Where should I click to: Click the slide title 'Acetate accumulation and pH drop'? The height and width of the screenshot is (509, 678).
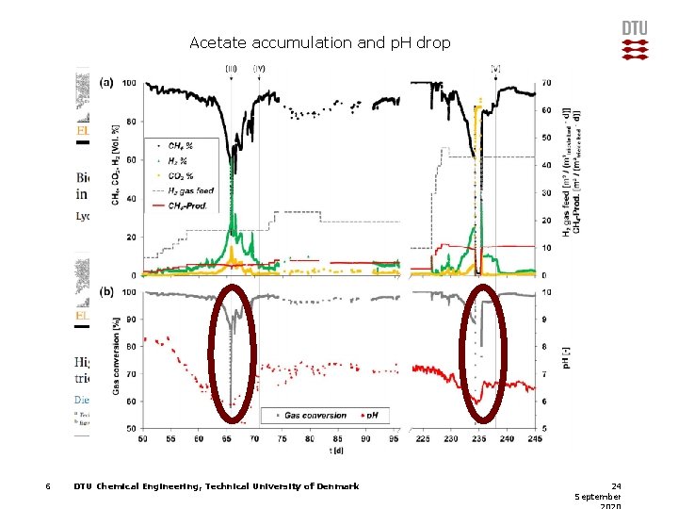[x=319, y=42]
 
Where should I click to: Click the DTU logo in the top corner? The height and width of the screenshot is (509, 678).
[x=635, y=41]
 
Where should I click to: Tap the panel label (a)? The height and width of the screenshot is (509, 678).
[x=106, y=82]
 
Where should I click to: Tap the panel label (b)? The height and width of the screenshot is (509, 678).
[x=106, y=291]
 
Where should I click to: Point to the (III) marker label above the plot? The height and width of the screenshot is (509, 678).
[x=231, y=68]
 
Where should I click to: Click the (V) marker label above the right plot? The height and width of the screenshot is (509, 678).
[x=495, y=68]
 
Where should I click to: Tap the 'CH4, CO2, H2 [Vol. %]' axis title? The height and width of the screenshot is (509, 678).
[x=116, y=165]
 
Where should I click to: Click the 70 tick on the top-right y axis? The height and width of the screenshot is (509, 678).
[x=545, y=84]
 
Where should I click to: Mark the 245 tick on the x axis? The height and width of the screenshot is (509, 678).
[x=535, y=438]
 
